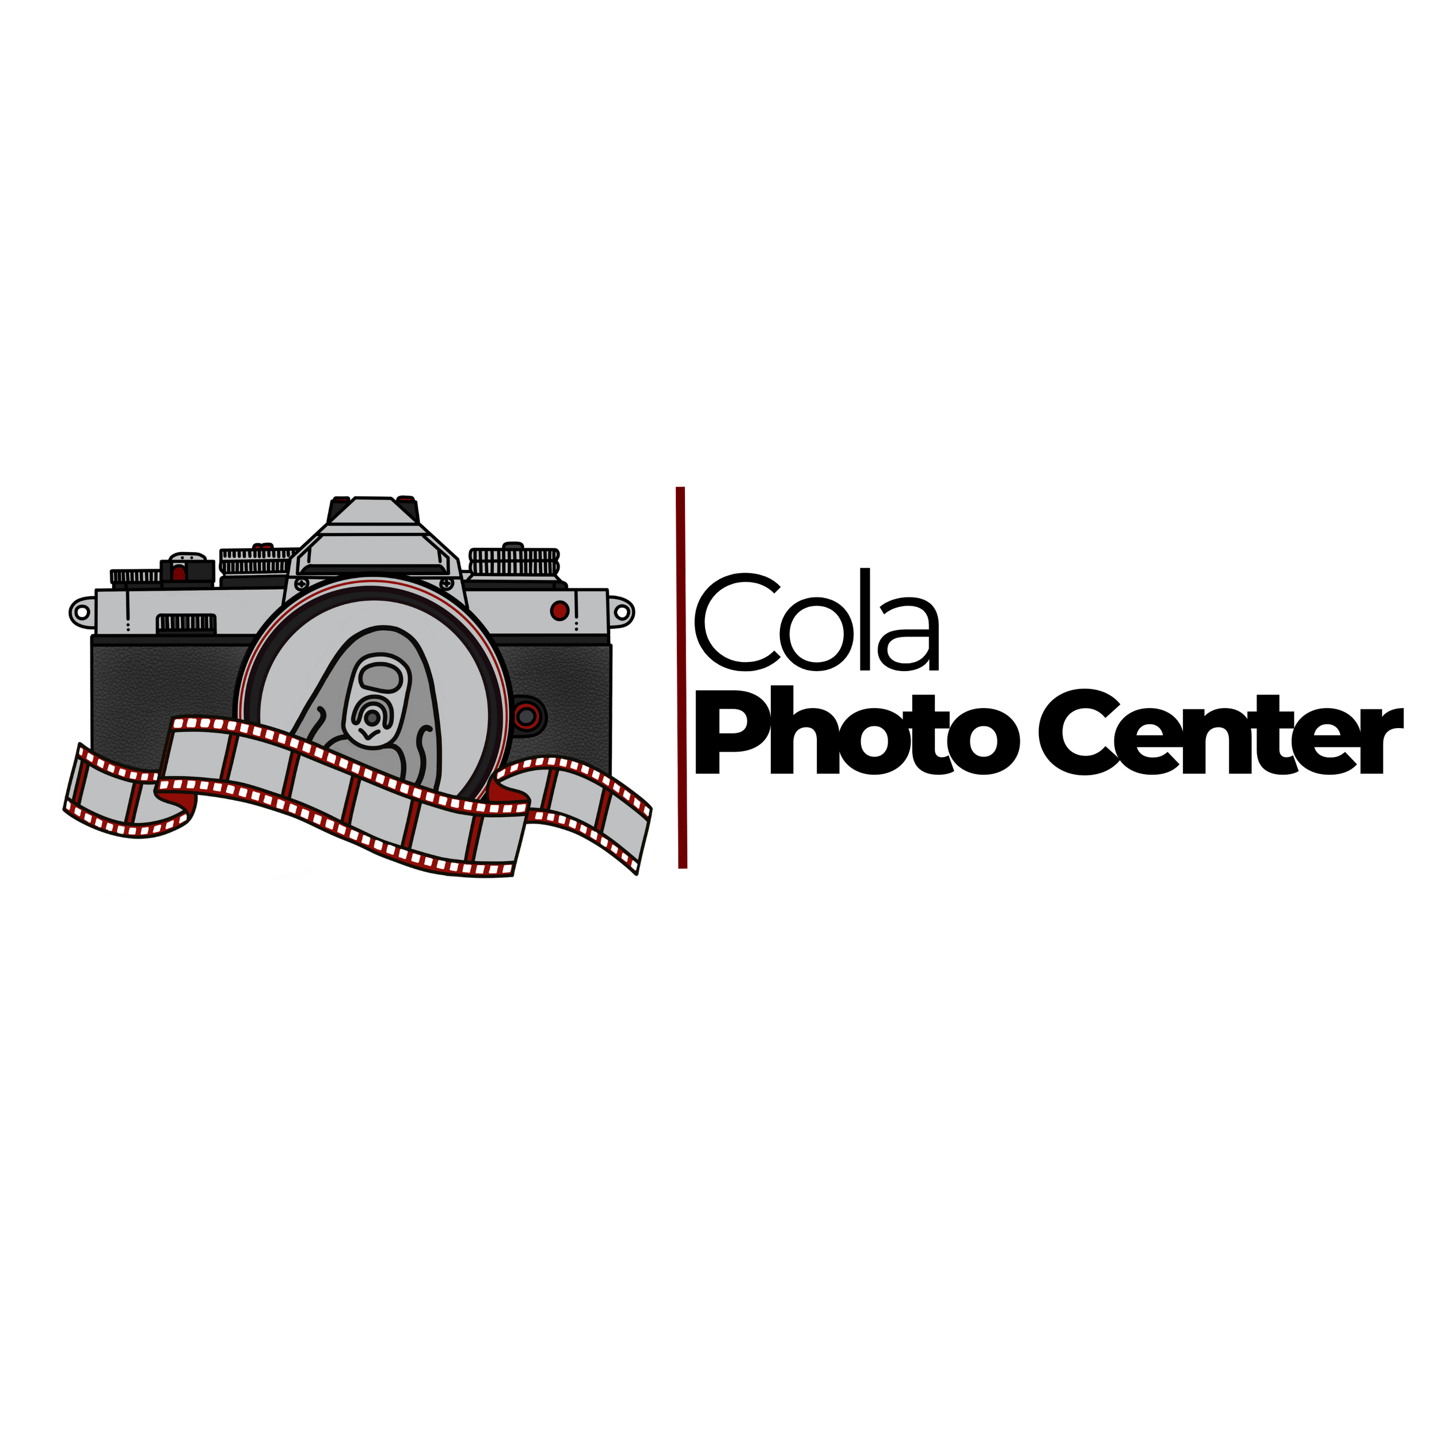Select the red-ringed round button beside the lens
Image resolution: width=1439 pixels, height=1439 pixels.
[527, 717]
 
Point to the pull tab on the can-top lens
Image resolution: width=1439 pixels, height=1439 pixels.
[376, 700]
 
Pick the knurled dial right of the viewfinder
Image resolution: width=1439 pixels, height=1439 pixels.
[514, 563]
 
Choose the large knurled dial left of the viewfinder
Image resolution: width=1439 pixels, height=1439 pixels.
[257, 562]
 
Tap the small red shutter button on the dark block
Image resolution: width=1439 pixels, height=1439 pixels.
[179, 573]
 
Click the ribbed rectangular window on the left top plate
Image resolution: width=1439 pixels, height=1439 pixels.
[185, 623]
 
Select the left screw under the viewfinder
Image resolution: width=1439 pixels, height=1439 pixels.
[302, 583]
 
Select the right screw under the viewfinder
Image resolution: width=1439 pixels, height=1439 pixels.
[447, 583]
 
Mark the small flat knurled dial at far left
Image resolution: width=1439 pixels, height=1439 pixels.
[136, 577]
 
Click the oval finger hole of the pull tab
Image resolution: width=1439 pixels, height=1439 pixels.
[380, 677]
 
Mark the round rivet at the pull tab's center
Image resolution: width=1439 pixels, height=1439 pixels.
[371, 718]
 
